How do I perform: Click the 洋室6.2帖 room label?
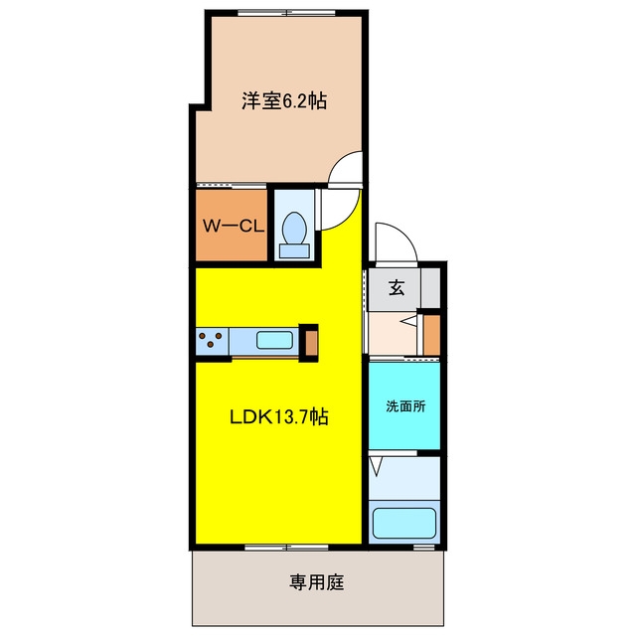click(284, 100)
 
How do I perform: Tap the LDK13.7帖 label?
click(278, 416)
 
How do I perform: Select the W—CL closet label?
click(233, 226)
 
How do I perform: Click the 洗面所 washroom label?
click(405, 406)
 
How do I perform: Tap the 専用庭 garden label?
click(317, 582)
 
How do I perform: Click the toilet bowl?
click(294, 228)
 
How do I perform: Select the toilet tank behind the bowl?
click(294, 251)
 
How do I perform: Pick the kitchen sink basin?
click(274, 340)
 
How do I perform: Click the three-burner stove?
click(213, 340)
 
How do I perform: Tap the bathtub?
click(404, 523)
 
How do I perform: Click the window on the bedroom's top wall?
click(287, 13)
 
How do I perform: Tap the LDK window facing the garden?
click(287, 548)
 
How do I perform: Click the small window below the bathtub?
click(424, 548)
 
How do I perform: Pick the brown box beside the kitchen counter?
click(311, 343)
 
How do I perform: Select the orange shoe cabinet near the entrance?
click(432, 335)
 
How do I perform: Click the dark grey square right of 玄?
click(430, 287)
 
